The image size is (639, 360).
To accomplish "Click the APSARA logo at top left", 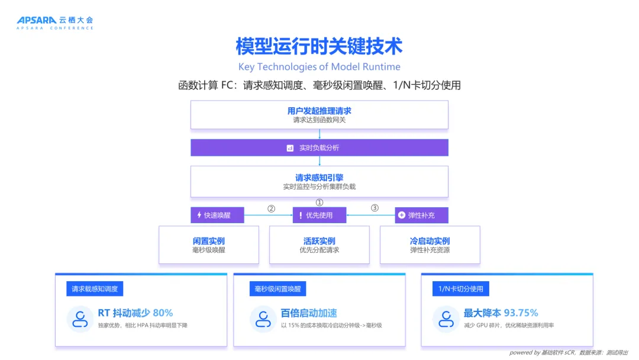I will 54,22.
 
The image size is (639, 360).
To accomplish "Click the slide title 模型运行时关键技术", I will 319,46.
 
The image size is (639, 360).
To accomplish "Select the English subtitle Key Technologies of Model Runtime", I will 319,67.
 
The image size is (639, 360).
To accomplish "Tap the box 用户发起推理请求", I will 319,115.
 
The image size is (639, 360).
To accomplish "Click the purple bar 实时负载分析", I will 319,147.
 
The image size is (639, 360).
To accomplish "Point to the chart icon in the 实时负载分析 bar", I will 290,148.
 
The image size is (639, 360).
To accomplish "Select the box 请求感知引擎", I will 319,181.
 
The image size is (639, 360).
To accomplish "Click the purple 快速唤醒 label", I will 217,215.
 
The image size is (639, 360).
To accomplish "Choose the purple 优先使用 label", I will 319,215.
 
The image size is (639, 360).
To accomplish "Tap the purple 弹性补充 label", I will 421,215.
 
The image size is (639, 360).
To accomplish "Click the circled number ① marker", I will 319,202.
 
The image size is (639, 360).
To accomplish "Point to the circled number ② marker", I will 271,208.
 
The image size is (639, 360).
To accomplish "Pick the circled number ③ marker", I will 374,208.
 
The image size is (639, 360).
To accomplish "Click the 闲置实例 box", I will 209,245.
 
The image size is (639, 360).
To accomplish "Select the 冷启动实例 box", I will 430,245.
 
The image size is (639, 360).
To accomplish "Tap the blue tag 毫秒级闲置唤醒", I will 277,289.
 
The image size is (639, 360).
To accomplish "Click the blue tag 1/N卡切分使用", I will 461,289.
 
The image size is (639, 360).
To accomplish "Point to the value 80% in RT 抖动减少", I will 163,313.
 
